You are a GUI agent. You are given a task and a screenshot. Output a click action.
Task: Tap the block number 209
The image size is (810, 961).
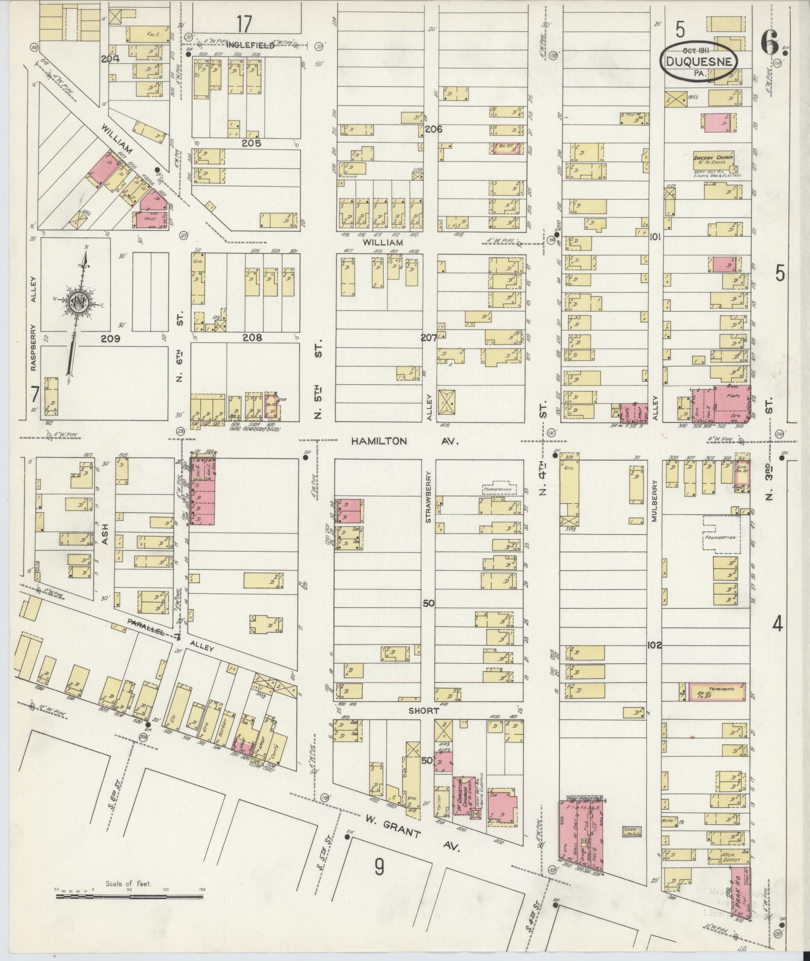pyautogui.click(x=110, y=339)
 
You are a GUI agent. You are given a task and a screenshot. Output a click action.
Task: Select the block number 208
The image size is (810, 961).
pyautogui.click(x=252, y=338)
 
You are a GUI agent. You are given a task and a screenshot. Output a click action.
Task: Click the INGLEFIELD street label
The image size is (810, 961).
pyautogui.click(x=251, y=45)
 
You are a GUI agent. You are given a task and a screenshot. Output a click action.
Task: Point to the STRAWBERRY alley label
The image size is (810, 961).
pyautogui.click(x=429, y=497)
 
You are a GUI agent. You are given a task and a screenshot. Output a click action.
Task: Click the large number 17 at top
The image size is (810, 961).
pyautogui.click(x=244, y=24)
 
